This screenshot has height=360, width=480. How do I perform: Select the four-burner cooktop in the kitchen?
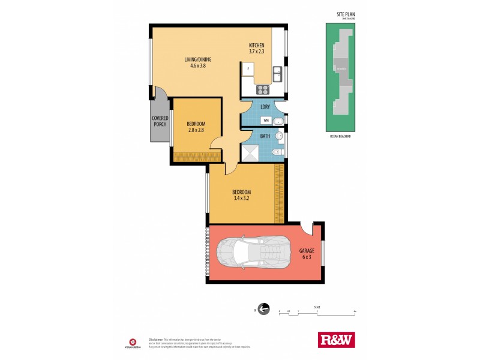point(263,91)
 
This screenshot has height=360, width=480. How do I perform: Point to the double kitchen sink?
point(278,74)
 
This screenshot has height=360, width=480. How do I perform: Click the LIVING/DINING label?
point(198,59)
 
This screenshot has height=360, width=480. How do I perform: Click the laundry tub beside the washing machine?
point(278,121)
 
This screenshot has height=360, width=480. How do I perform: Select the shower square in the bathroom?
point(249,154)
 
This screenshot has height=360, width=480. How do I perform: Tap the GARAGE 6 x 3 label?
point(306,254)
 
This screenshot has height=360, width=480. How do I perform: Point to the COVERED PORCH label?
point(160,121)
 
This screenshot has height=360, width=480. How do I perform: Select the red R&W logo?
point(336,340)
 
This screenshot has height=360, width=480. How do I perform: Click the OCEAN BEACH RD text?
point(340,137)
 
